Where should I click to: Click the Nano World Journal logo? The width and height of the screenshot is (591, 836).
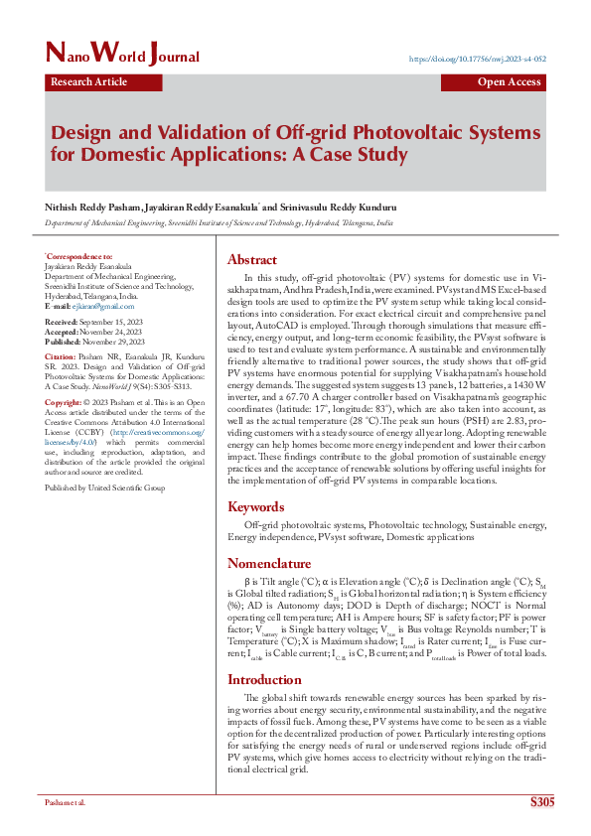tap(122, 55)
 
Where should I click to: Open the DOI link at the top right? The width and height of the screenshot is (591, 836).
tap(478, 60)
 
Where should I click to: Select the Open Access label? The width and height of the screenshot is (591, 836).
tap(509, 82)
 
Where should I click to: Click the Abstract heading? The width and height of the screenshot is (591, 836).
tap(252, 260)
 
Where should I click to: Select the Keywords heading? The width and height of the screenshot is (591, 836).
tap(256, 506)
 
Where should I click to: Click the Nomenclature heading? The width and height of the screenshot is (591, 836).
tap(269, 563)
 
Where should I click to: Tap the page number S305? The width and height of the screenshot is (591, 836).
tap(542, 801)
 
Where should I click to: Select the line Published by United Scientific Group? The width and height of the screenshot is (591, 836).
tap(104, 488)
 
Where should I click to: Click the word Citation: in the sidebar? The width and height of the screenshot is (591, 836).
tap(59, 356)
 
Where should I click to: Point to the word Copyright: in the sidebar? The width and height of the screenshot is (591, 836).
tap(63, 402)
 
